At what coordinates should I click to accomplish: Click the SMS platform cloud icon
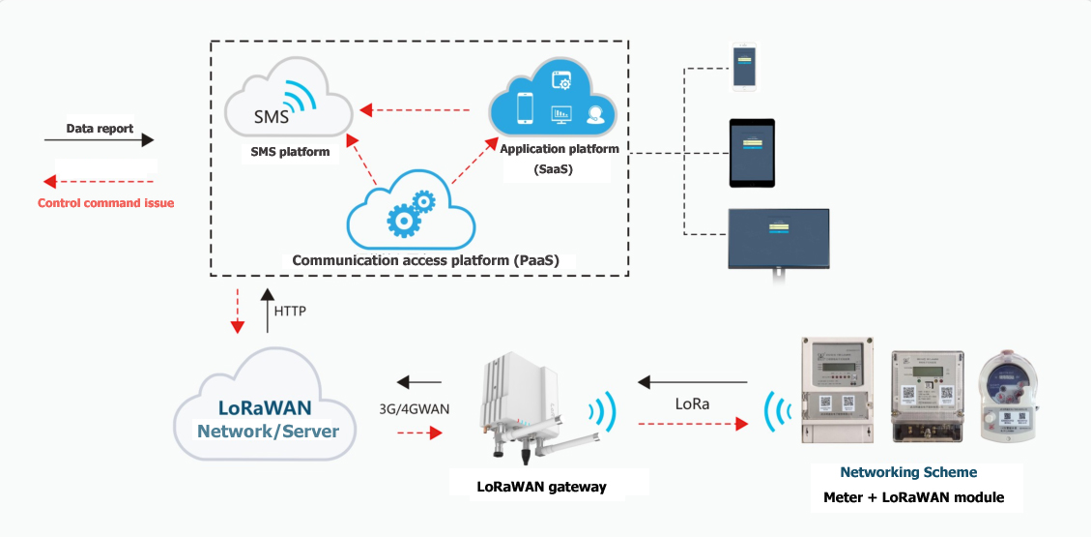coord(288,101)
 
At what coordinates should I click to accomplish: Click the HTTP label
coord(292,312)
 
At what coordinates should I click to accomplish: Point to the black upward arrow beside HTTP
coord(268,311)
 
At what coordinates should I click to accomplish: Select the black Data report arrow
coord(99,140)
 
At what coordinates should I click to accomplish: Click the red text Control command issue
coord(105,203)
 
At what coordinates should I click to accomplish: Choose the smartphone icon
coord(743,68)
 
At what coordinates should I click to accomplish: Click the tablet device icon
coord(752,154)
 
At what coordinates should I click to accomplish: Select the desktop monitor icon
coord(778,238)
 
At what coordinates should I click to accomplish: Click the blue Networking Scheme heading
coord(908,472)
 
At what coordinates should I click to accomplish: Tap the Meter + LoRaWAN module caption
coord(913,497)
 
